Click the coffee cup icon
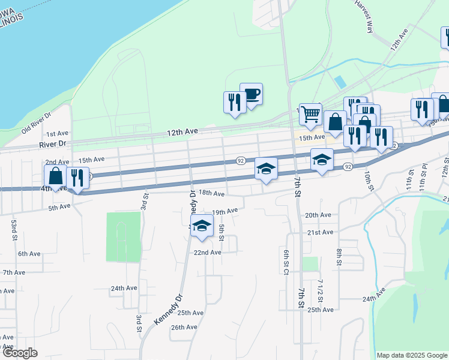(x=251, y=94)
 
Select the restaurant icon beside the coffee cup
(x=234, y=102)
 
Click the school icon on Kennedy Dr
(x=202, y=226)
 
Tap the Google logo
(x=20, y=353)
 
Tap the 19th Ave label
(x=225, y=211)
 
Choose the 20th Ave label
(x=318, y=215)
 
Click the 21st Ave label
(x=320, y=232)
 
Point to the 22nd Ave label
(x=207, y=253)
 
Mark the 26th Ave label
(x=184, y=327)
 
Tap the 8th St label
(x=339, y=257)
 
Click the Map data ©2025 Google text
(x=412, y=355)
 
